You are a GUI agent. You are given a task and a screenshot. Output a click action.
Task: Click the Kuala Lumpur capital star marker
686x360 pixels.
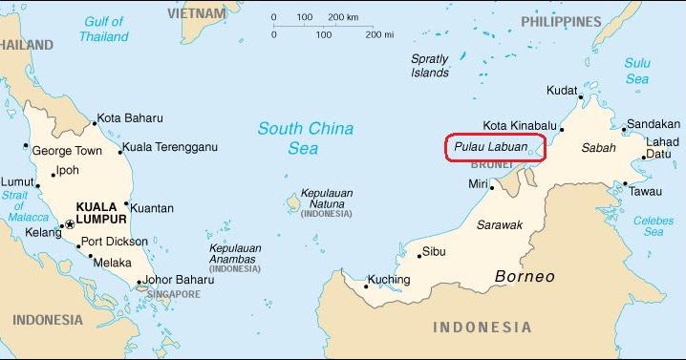[68, 225]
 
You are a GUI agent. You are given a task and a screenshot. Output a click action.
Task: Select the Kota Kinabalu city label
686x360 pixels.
[519, 125]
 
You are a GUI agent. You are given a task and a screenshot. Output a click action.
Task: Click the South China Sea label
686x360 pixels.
[306, 138]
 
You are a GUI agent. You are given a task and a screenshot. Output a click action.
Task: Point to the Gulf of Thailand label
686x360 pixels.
[105, 29]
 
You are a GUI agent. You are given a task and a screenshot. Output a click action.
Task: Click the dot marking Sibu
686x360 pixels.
[418, 254]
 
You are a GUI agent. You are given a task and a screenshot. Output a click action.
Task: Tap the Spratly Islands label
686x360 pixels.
[430, 66]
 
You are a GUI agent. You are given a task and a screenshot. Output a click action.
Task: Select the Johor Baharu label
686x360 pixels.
[182, 280]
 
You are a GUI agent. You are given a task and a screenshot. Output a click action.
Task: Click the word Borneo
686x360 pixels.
[525, 277]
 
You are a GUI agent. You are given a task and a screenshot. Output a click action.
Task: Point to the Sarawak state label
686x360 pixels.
[500, 225]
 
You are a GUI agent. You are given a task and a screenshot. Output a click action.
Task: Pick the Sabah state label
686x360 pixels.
[599, 149]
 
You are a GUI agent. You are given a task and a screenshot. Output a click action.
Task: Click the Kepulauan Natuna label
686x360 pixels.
[327, 198]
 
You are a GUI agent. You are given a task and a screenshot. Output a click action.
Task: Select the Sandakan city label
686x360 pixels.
[654, 124]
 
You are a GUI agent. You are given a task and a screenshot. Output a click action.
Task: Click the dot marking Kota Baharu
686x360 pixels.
[94, 122]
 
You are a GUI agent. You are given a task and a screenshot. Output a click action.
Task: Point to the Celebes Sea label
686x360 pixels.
[654, 226]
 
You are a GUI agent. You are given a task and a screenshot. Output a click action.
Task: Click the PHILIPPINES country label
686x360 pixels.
[561, 21]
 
